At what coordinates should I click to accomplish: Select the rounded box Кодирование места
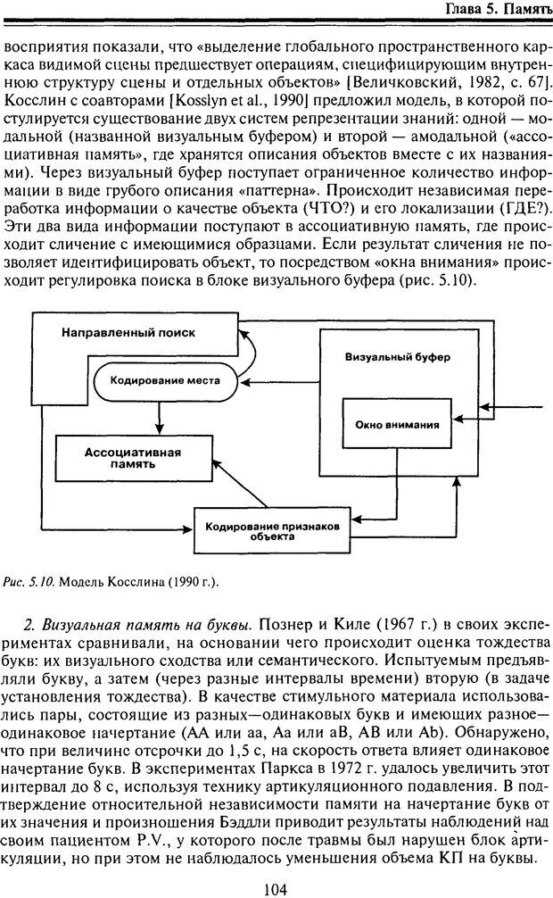point(161,378)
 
